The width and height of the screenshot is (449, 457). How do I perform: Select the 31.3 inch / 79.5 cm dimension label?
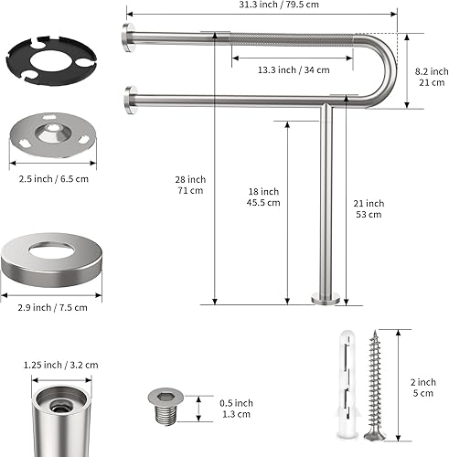click(x=279, y=5)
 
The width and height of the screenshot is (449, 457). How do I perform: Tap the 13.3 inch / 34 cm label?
click(x=294, y=70)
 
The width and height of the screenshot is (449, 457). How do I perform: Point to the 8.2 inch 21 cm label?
click(x=432, y=77)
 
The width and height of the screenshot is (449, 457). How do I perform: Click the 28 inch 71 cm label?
click(x=190, y=185)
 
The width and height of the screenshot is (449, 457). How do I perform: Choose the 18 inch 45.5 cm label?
click(x=263, y=197)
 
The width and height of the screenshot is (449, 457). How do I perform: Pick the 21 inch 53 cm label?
click(x=369, y=209)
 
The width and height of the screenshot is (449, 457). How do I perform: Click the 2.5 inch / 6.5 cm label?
click(x=54, y=179)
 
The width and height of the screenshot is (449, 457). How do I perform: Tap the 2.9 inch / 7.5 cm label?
click(x=52, y=308)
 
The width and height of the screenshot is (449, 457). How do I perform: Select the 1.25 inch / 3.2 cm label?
click(x=61, y=365)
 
